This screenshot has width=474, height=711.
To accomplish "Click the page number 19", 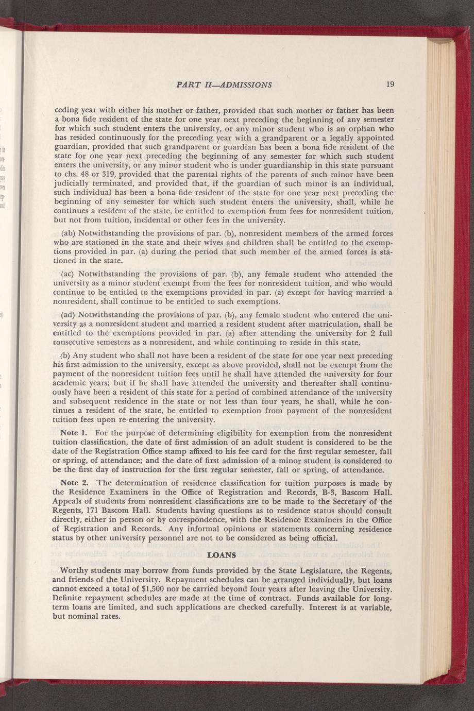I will [390, 84].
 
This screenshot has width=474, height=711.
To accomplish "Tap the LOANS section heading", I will [221, 555].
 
